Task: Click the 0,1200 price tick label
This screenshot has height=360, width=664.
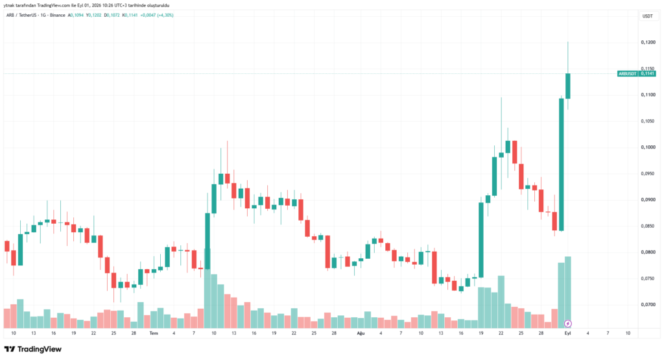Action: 648,42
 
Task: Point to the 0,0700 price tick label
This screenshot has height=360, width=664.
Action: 648,304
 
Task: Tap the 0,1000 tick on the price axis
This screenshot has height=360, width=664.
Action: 648,147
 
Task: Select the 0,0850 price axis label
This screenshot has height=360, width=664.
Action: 648,226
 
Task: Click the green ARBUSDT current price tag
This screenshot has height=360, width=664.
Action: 637,74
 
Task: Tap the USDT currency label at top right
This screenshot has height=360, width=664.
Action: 648,16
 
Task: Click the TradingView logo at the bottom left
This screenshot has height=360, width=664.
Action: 33,349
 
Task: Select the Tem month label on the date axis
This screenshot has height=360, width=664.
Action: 154,333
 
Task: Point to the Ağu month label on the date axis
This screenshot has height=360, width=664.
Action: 361,333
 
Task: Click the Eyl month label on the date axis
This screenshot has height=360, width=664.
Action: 567,333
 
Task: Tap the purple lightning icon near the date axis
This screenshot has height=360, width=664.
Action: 568,324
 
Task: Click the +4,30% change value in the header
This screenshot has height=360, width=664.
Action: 165,16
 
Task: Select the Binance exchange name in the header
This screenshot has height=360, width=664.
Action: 57,16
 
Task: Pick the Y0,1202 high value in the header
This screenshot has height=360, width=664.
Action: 93,16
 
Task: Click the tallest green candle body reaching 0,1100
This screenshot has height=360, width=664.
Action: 561,164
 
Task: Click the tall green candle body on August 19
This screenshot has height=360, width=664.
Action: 481,240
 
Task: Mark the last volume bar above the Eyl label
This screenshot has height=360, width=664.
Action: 568,293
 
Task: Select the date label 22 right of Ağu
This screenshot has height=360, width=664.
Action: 501,333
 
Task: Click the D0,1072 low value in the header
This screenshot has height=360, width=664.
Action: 112,16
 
